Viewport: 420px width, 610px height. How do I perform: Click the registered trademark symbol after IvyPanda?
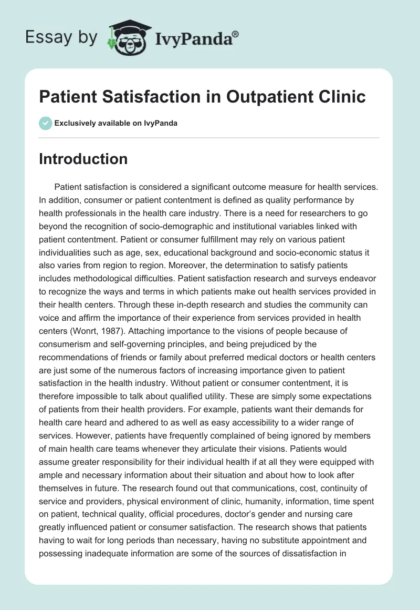coord(236,33)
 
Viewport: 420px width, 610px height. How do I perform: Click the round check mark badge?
coord(45,123)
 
